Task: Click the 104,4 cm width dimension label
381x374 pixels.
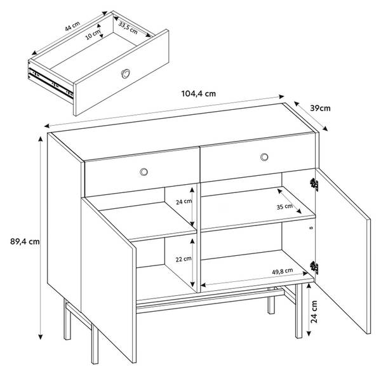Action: (x=199, y=94)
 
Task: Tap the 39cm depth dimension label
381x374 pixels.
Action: (x=320, y=109)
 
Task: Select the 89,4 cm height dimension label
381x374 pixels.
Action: (x=25, y=241)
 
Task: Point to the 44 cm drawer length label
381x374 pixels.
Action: (x=72, y=26)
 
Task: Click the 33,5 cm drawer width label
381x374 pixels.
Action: (x=128, y=28)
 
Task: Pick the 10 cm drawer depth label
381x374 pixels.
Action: (x=92, y=35)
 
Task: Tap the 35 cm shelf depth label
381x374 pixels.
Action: (x=284, y=206)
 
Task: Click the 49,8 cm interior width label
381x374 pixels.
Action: (x=283, y=271)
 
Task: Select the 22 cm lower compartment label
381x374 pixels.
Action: (x=184, y=259)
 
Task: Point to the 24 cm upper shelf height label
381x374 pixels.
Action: (x=184, y=201)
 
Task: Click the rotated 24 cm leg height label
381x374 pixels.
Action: (x=314, y=312)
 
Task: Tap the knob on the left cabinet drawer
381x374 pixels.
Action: (x=144, y=172)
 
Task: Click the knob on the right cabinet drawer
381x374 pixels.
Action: (x=264, y=157)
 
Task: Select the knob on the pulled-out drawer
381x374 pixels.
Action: (x=125, y=74)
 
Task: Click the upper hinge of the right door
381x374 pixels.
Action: (x=314, y=184)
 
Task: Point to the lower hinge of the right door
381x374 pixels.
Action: (x=314, y=267)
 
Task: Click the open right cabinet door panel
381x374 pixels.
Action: (x=343, y=251)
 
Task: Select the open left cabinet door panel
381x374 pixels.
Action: (x=109, y=279)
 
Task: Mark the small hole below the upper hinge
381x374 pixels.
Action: (x=312, y=228)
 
